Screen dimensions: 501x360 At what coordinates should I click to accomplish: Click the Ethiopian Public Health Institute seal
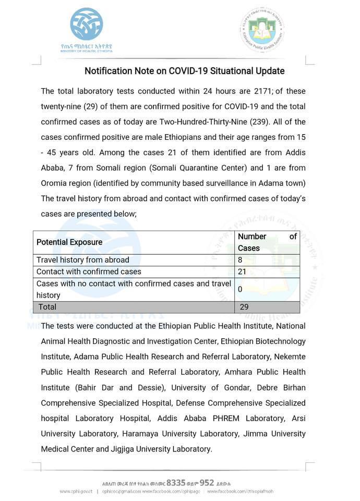262,29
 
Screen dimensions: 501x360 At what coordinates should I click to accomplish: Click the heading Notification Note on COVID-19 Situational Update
185,70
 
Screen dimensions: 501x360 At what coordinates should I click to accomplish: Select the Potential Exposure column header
69,242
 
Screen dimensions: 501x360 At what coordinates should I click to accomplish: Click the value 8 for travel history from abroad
240,260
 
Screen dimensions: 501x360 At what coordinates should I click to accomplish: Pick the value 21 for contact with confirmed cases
242,271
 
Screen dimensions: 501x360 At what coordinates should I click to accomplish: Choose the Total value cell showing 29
244,307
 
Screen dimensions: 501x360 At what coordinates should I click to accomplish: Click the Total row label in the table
47,307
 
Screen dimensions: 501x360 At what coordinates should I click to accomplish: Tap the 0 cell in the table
240,289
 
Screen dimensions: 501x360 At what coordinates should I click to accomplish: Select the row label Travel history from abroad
82,260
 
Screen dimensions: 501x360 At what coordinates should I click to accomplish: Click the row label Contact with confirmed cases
89,271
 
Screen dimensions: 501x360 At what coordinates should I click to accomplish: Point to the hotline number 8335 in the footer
176,483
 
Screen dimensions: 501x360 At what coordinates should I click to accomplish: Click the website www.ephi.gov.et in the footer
76,492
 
